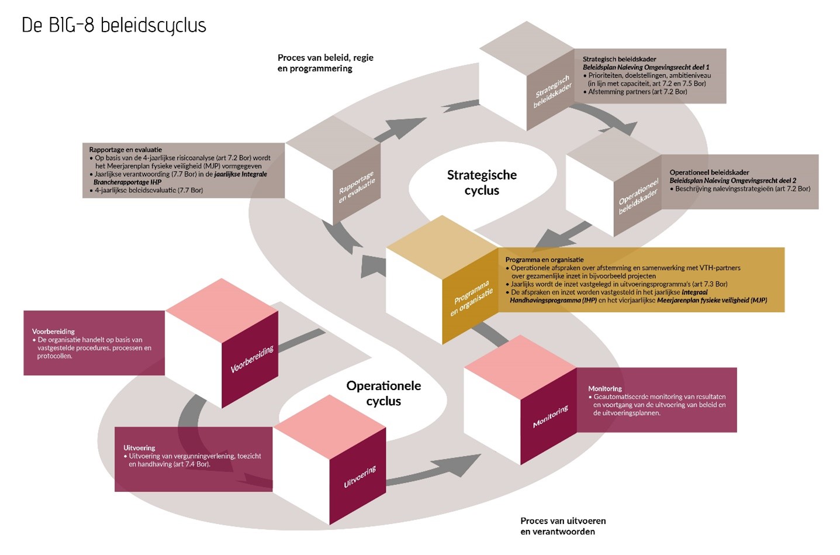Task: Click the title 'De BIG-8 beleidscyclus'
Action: [x=114, y=26]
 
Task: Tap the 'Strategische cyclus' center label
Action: [x=482, y=182]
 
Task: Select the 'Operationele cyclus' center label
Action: [x=383, y=393]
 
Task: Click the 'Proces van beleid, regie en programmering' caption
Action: [x=325, y=63]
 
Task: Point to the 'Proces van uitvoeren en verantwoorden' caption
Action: [x=563, y=526]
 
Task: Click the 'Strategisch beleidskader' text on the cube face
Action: [x=552, y=92]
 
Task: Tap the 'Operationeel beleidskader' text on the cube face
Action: [x=638, y=195]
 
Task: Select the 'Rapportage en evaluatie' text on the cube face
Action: [x=357, y=187]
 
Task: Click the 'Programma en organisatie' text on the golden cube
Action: [x=471, y=298]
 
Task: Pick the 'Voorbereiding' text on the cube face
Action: [x=252, y=359]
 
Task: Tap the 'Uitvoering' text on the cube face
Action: [x=359, y=477]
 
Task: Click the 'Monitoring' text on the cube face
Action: [x=550, y=416]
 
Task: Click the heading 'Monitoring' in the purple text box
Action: [x=605, y=388]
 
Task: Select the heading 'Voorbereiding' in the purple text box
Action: [x=53, y=332]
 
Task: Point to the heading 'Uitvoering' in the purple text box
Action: [x=139, y=448]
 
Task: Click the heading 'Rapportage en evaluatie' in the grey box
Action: [x=126, y=150]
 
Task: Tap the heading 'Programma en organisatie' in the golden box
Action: [x=544, y=260]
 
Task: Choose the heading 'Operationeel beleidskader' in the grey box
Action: [x=709, y=173]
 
